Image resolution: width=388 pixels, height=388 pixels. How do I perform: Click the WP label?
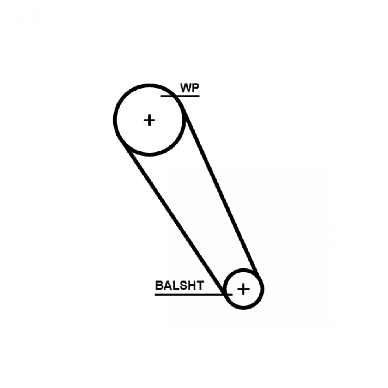point(189,88)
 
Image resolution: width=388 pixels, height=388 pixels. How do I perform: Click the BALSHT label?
point(179,285)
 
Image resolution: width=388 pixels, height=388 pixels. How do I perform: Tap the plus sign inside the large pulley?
point(149,120)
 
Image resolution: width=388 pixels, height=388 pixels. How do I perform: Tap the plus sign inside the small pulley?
point(243,289)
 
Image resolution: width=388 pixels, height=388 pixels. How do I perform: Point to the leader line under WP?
point(180,96)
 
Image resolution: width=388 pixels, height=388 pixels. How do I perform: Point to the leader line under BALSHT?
point(193,295)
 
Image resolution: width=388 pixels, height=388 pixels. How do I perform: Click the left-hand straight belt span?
point(174,220)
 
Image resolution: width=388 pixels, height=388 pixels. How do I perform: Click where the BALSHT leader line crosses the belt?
point(225,295)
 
